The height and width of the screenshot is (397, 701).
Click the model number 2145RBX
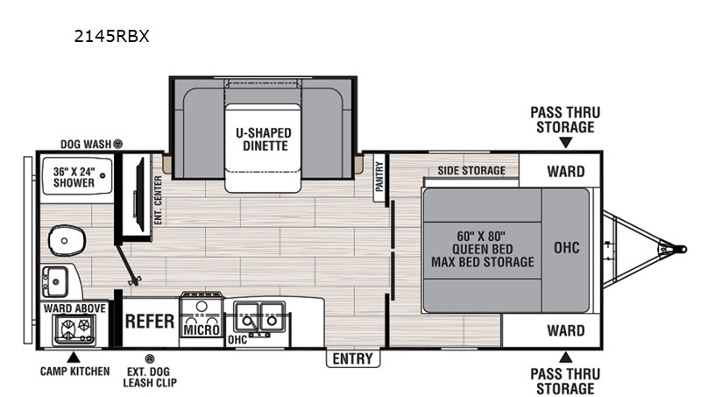111,36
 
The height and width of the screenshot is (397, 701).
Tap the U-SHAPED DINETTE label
264,139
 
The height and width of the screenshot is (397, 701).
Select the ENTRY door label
353,358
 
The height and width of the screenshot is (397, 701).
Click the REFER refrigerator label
149,321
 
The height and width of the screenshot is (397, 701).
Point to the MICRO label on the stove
202,330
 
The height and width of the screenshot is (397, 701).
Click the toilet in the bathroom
67,240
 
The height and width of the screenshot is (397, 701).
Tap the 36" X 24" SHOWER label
74,177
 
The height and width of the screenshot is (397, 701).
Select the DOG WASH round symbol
117,144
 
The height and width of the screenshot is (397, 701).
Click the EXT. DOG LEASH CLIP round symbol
150,358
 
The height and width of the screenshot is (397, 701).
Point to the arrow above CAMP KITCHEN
74,358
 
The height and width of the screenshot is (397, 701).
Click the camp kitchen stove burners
74,329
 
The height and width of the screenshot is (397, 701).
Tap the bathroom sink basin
55,281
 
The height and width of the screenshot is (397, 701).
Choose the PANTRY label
379,177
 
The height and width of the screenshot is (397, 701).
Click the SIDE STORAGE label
471,170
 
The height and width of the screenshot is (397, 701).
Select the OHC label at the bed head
566,248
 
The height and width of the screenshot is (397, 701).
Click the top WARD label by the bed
565,171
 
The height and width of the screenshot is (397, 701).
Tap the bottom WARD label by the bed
565,330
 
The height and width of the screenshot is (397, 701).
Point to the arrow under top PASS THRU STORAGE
565,143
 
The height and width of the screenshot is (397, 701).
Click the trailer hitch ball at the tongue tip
682,249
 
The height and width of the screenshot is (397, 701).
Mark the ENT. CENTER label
158,201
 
